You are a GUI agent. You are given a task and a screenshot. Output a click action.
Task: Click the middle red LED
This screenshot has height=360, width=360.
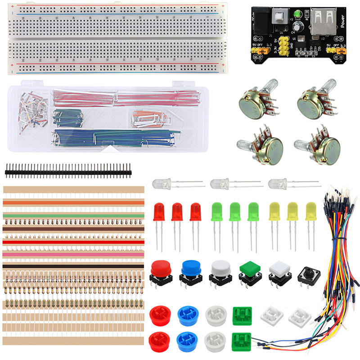[x=177, y=212]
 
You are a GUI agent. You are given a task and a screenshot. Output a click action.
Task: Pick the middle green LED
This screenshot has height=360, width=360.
[x=235, y=211]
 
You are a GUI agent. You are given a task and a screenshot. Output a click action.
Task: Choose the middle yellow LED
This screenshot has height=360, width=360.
[x=293, y=211]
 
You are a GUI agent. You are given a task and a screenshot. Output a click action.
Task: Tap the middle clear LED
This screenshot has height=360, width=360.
[x=219, y=184]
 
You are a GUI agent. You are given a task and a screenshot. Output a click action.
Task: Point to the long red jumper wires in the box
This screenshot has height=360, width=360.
[x=121, y=95]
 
